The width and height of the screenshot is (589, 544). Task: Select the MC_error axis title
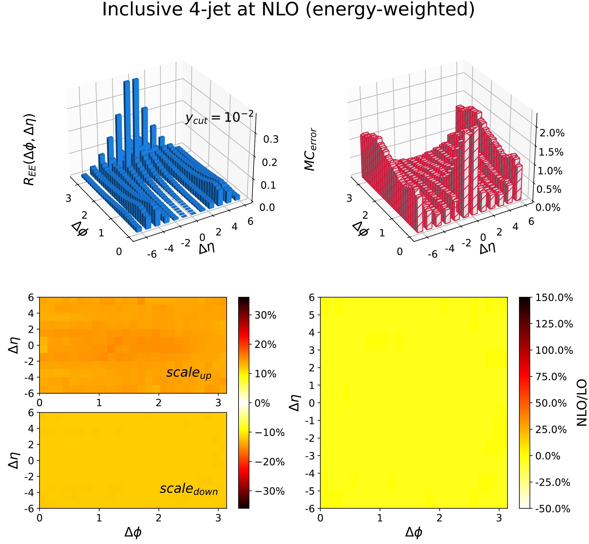click(310, 150)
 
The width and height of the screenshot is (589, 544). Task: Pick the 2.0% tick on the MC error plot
click(552, 133)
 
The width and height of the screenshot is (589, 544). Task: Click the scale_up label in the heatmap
click(189, 373)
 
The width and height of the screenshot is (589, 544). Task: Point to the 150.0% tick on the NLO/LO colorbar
click(554, 298)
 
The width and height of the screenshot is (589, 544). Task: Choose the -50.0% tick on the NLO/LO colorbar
click(553, 509)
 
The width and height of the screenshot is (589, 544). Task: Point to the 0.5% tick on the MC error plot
click(549, 189)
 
